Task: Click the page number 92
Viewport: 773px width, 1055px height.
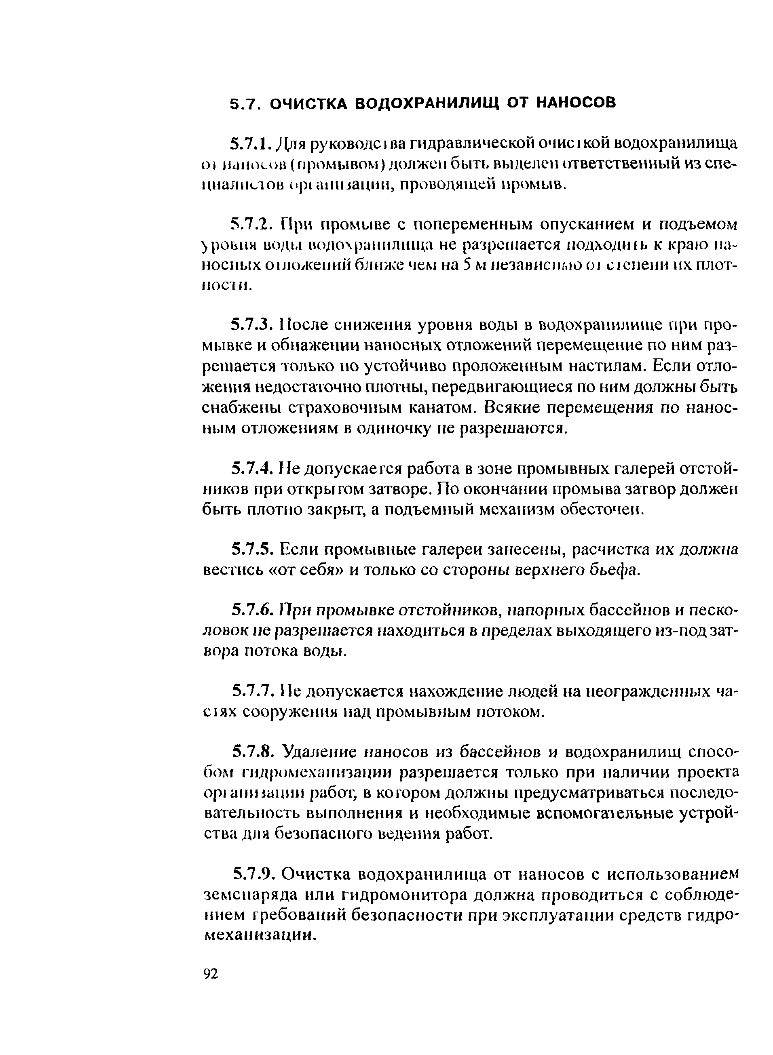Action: (x=211, y=973)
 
